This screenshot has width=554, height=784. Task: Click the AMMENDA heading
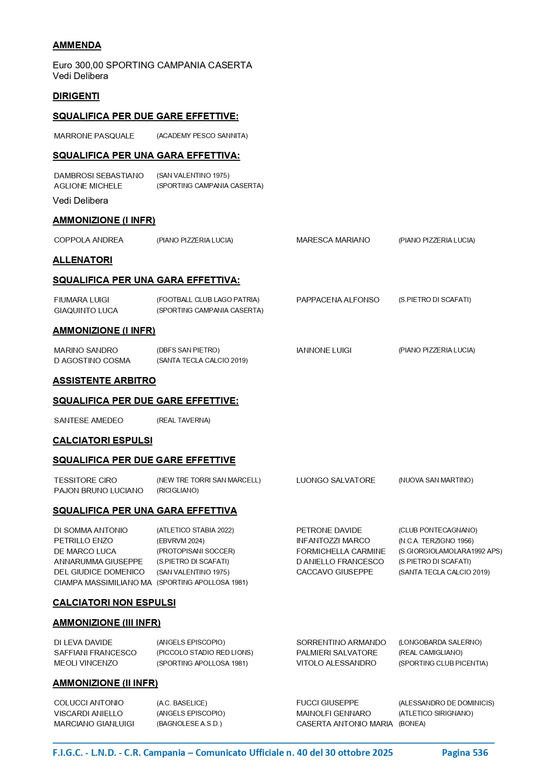(77, 45)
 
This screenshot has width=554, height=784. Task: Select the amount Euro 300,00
(78, 65)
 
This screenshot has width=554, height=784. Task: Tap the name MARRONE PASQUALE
(94, 136)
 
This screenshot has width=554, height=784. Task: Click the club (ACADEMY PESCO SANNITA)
(202, 136)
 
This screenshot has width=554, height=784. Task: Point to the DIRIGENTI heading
(76, 96)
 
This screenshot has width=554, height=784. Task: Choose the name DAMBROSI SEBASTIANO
(99, 176)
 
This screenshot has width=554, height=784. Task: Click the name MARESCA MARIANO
(333, 240)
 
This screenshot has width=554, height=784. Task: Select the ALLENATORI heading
(82, 260)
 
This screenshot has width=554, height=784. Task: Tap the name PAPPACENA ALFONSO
(337, 300)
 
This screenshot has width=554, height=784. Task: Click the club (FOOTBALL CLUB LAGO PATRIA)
(208, 300)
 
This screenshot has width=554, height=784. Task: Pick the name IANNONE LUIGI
(324, 350)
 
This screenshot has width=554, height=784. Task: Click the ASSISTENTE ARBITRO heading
(104, 381)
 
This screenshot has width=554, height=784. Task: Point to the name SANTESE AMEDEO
(88, 420)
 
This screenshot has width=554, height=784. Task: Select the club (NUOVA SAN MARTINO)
(435, 480)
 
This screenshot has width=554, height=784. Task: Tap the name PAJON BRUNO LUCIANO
(98, 491)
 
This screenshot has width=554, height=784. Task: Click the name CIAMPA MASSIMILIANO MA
(103, 583)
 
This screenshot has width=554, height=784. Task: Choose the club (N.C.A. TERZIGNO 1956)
(436, 541)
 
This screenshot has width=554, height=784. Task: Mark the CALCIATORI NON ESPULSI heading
(114, 603)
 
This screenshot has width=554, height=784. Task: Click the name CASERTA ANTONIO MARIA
(344, 724)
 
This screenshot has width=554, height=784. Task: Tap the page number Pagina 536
(464, 753)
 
